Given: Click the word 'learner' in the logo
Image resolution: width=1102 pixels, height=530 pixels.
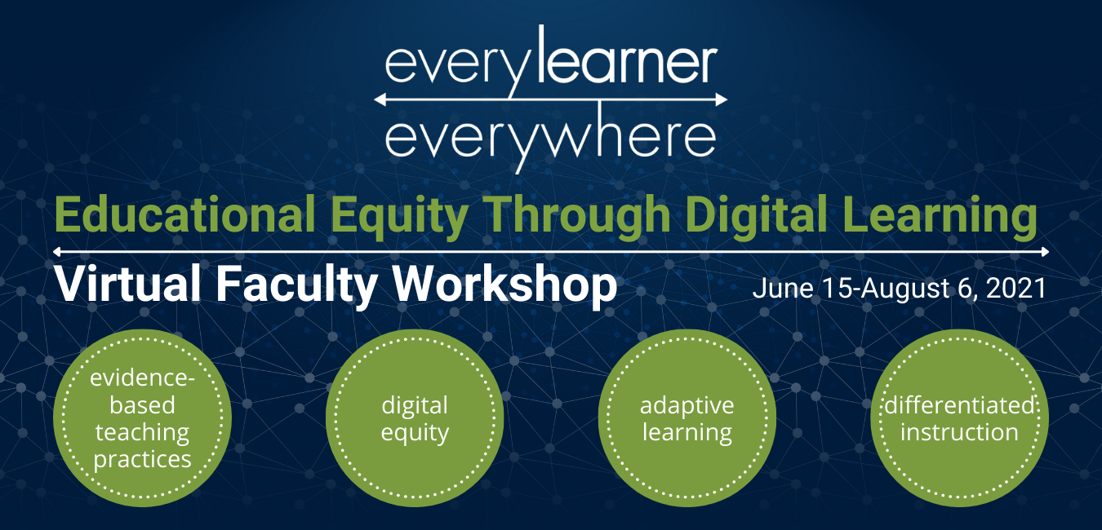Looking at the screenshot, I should click(626, 60).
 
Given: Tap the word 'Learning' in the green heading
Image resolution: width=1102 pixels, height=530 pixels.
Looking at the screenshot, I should click(956, 216).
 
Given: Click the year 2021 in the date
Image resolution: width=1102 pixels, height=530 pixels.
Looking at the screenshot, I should click(1016, 288).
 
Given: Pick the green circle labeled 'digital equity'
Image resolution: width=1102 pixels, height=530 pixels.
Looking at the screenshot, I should click(415, 418).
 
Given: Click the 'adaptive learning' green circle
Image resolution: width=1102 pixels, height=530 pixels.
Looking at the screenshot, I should click(687, 418).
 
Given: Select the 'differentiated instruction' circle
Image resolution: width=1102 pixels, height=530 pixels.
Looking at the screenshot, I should click(959, 418).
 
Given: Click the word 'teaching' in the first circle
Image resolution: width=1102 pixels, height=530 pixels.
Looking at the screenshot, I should click(142, 432).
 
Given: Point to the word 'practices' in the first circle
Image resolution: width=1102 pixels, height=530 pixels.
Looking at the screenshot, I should click(142, 458).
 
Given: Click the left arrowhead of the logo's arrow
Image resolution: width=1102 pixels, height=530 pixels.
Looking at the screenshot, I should click(380, 99).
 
